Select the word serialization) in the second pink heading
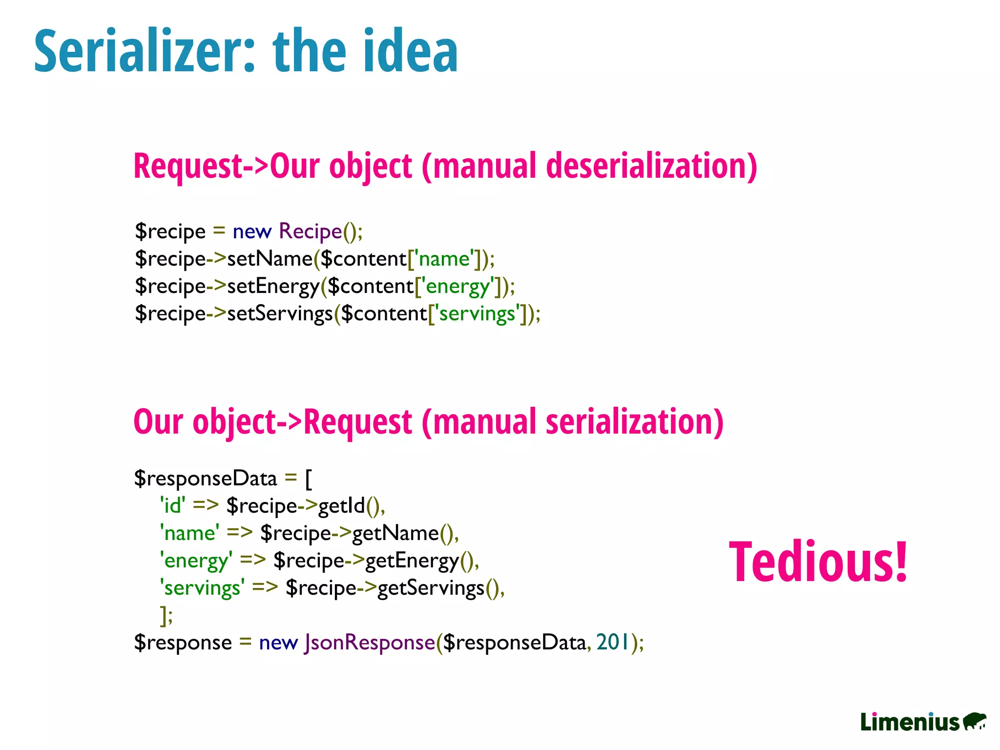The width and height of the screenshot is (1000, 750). tap(634, 422)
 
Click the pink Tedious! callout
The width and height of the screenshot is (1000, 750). tap(818, 562)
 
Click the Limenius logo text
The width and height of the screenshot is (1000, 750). tap(910, 722)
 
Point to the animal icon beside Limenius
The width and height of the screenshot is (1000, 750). tap(975, 721)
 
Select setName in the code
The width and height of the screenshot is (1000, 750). tap(270, 259)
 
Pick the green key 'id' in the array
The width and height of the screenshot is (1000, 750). tap(172, 506)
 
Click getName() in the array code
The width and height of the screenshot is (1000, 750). tap(405, 533)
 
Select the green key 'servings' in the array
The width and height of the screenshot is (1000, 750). tap(202, 588)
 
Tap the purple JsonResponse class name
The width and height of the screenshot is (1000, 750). tap(370, 643)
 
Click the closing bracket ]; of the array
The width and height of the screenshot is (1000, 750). tap(167, 615)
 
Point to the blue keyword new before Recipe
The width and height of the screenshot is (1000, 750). tap(252, 231)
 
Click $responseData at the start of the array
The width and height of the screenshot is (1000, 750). tap(206, 479)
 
